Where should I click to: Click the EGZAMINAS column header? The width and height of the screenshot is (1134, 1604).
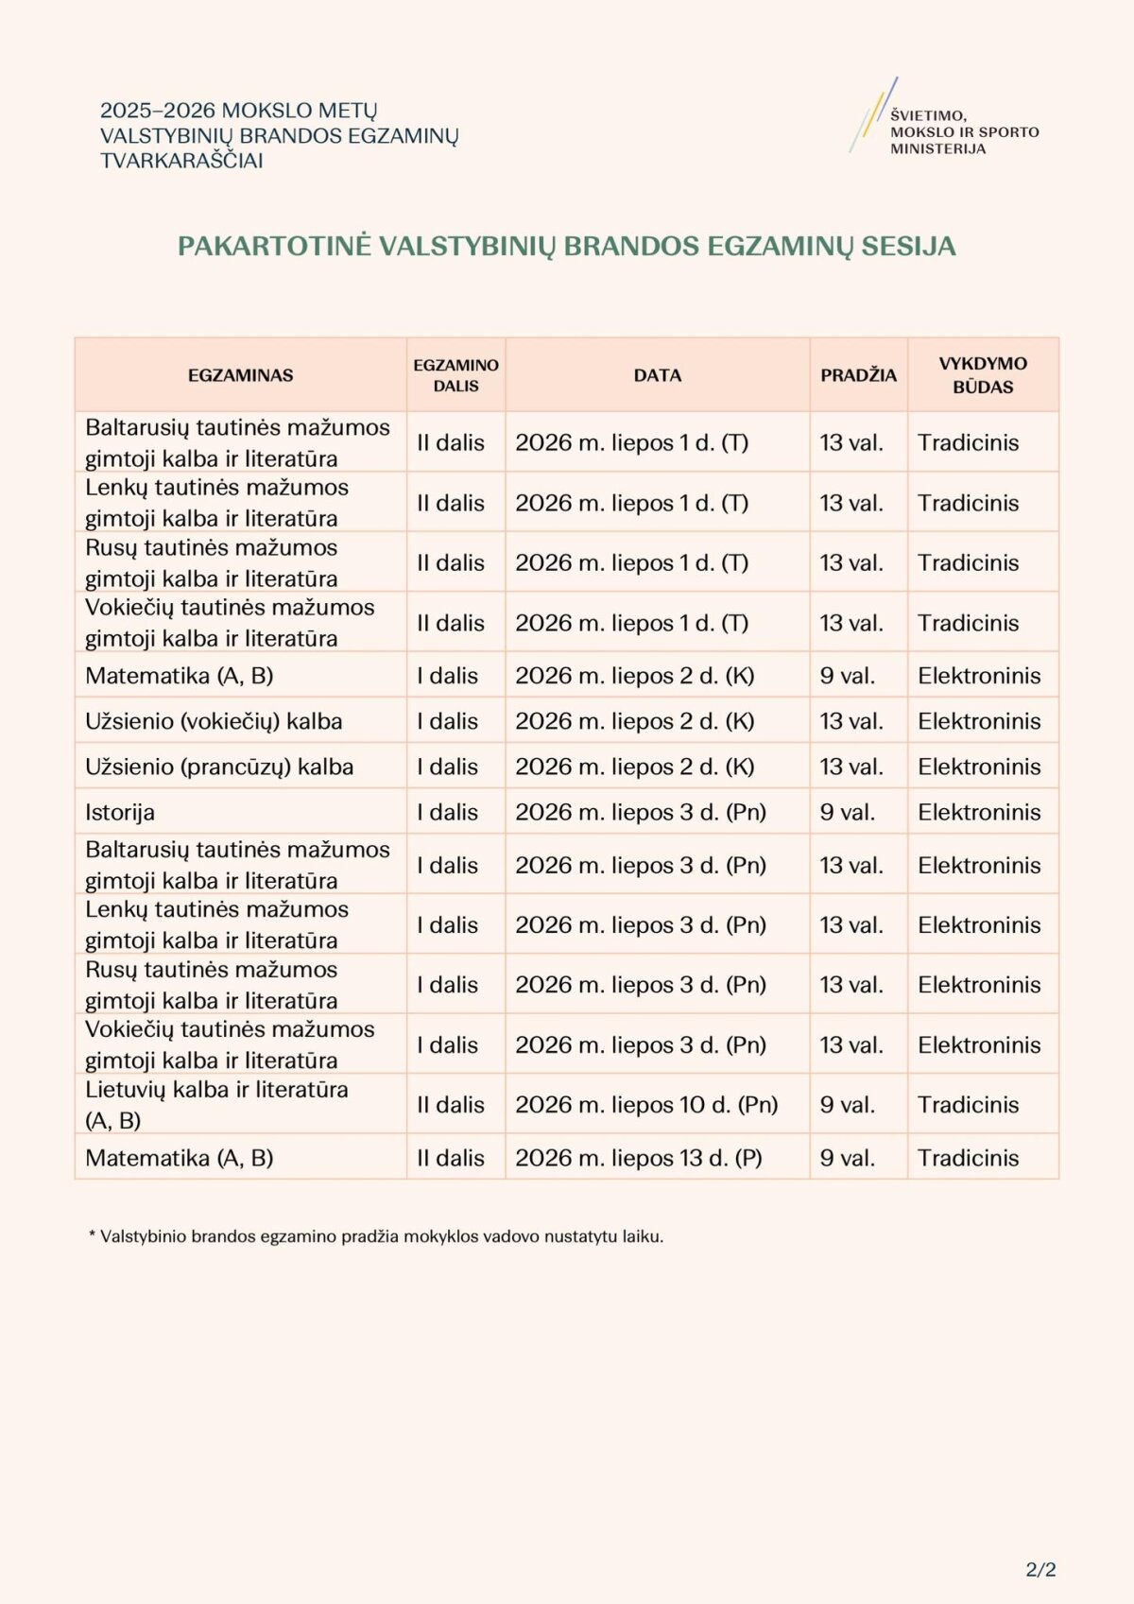click(x=240, y=375)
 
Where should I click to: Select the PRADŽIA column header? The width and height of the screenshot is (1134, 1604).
click(x=858, y=375)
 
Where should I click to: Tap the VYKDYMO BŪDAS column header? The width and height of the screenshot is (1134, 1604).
click(x=983, y=375)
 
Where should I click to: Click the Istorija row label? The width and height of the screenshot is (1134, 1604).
click(x=120, y=812)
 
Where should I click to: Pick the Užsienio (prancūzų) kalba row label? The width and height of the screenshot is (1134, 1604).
click(x=219, y=767)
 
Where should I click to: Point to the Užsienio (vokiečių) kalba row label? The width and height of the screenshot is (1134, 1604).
click(x=214, y=721)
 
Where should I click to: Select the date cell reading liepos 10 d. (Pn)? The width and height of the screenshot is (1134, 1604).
click(x=646, y=1105)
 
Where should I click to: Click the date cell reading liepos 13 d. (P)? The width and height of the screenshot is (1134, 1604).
click(x=639, y=1158)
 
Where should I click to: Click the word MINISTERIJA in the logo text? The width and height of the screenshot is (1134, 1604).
click(x=937, y=149)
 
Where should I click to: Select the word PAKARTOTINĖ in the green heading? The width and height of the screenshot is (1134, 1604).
click(x=274, y=247)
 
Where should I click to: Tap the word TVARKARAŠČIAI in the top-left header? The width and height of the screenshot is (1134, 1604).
click(x=181, y=161)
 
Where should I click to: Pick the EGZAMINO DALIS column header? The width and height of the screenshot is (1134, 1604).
click(x=455, y=375)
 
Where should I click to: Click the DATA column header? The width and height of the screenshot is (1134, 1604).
click(x=658, y=375)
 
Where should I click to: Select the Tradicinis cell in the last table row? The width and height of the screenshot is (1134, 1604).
click(x=969, y=1158)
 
